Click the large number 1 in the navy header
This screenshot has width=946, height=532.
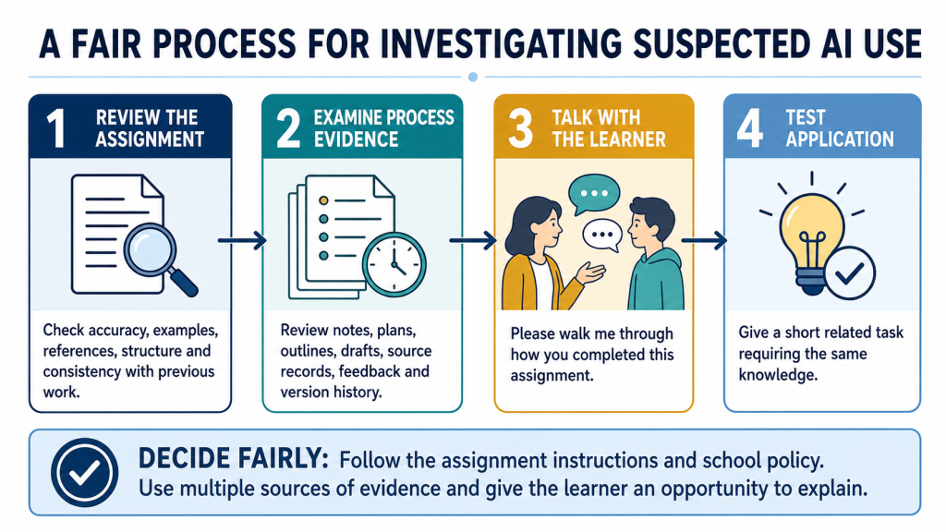pyautogui.click(x=56, y=127)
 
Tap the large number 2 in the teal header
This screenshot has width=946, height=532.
pyautogui.click(x=288, y=127)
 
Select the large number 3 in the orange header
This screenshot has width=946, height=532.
pyautogui.click(x=520, y=127)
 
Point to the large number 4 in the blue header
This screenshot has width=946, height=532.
pyautogui.click(x=750, y=127)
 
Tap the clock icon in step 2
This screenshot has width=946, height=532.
pyautogui.click(x=394, y=265)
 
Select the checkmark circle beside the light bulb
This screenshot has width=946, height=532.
pyautogui.click(x=850, y=273)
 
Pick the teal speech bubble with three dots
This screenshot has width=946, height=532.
pyautogui.click(x=594, y=194)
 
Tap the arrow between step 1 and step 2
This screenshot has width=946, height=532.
pyautogui.click(x=242, y=241)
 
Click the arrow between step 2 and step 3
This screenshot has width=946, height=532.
pyautogui.click(x=473, y=241)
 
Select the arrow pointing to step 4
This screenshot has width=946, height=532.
pyautogui.click(x=704, y=241)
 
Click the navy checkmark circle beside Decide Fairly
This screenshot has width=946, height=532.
pyautogui.click(x=84, y=472)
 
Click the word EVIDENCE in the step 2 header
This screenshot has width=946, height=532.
pyautogui.click(x=356, y=140)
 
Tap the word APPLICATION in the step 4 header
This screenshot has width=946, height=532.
pyautogui.click(x=839, y=140)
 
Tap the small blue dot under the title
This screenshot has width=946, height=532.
pyautogui.click(x=473, y=78)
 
